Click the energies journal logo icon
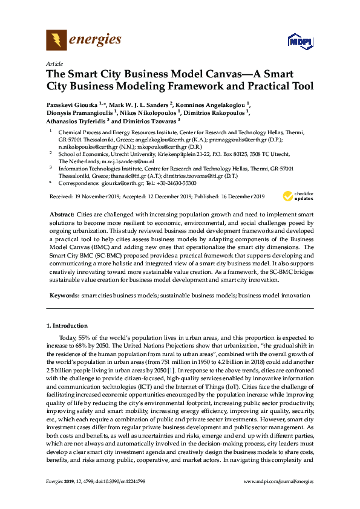coord(57,41)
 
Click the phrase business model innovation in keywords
coord(275,296)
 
